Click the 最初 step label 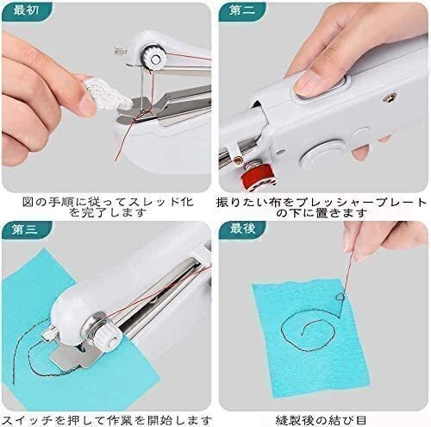point(26,10)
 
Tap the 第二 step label point(242,10)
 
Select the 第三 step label point(25,229)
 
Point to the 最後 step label point(242,229)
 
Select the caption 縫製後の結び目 point(321,420)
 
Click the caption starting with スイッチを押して point(106,420)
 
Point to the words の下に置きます point(322,213)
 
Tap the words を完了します point(108,213)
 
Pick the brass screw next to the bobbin point(238,159)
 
